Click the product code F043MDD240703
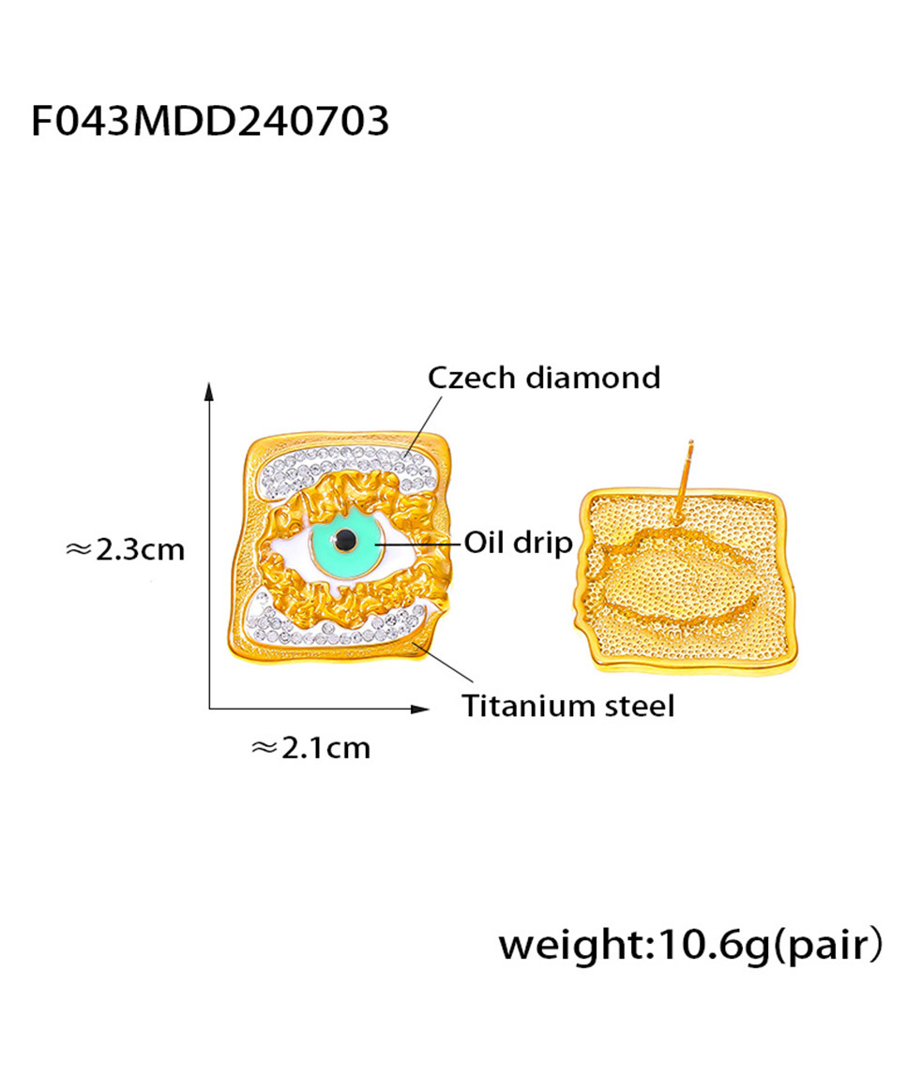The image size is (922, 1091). click(x=210, y=122)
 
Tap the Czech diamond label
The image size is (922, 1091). click(x=544, y=378)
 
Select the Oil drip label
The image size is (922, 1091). click(x=518, y=543)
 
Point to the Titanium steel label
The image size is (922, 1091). click(x=567, y=705)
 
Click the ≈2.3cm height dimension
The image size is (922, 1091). click(x=125, y=548)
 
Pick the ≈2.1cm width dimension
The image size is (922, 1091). click(x=311, y=747)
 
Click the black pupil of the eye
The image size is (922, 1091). click(x=346, y=539)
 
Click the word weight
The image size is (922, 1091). click(x=568, y=945)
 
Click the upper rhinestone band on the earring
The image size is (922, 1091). click(x=338, y=463)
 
